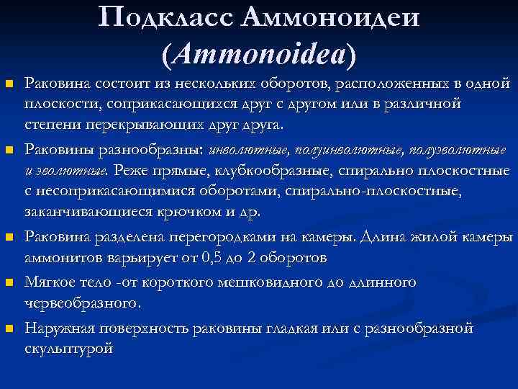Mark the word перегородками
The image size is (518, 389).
pyautogui.click(x=240, y=237)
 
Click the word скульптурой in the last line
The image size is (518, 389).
pyautogui.click(x=69, y=348)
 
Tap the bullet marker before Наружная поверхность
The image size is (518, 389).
pyautogui.click(x=9, y=329)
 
